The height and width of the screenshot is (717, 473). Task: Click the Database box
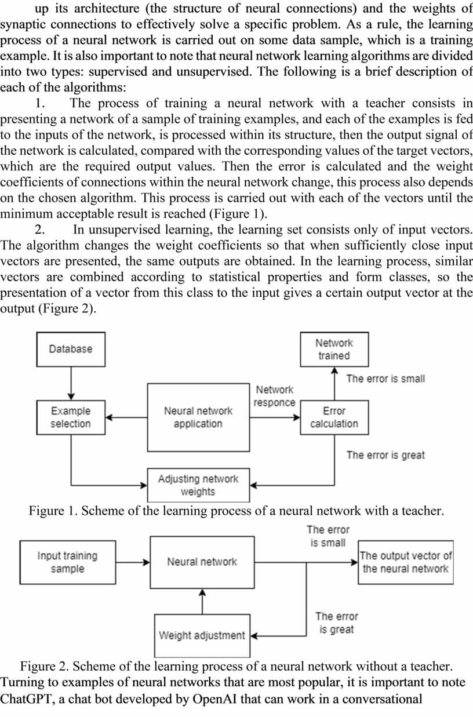coord(71,349)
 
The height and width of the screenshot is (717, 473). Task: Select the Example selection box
coord(71,417)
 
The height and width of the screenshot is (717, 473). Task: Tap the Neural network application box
coord(198,417)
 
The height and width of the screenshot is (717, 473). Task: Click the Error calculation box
coord(334,417)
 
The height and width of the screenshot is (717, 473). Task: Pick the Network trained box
coord(334,349)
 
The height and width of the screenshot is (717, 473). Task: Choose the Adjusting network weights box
coord(198,485)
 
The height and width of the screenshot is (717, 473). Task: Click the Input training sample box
coord(68,562)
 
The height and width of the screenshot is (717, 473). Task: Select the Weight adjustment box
coord(202,635)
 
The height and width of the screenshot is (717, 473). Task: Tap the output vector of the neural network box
coord(406,562)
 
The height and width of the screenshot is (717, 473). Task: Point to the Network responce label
coord(275,396)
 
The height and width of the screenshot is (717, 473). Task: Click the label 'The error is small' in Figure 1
coord(385,378)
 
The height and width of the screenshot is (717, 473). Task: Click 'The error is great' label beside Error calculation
coord(385,455)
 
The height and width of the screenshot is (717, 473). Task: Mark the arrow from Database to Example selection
coord(71,384)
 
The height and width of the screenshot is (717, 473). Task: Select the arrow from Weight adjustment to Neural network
coord(202,602)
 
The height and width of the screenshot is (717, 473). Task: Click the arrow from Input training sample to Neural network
coord(133,562)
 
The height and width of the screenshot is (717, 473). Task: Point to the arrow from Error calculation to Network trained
coord(334,384)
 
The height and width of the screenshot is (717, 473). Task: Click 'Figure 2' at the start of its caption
coord(44,667)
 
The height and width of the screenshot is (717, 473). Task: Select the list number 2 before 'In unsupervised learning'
coord(39,230)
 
